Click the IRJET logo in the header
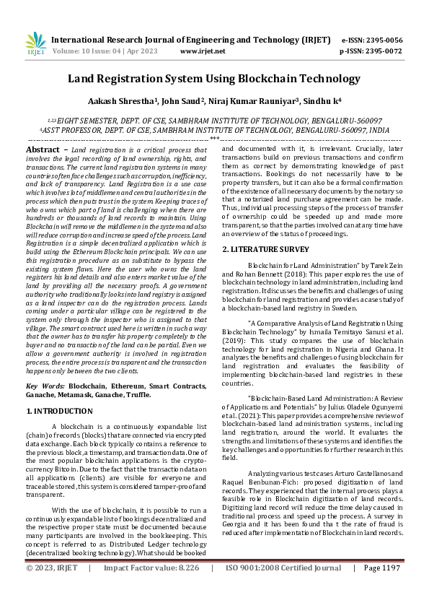pos(36,44)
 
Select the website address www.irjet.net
pos(203,52)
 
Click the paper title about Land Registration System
pos(214,78)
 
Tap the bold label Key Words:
pos(45,387)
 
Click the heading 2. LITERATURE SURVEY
pos(265,249)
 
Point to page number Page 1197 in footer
pos(381,588)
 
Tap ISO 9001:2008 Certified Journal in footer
pos(283,588)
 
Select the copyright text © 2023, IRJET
pos(52,588)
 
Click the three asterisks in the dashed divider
pos(214,137)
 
